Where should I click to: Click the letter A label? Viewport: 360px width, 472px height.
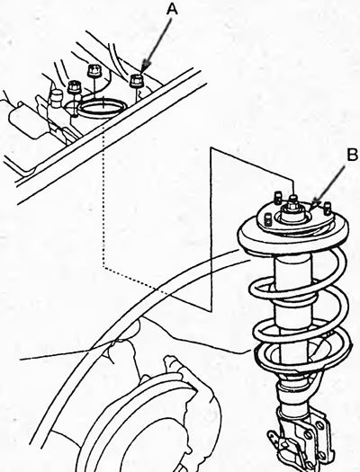tap(172, 10)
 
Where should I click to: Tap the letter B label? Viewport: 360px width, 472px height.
tap(352, 156)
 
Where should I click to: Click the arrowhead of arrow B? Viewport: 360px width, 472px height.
tap(314, 206)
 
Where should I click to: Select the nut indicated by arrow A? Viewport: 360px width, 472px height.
tap(136, 81)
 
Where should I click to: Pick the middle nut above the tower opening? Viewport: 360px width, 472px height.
tap(94, 71)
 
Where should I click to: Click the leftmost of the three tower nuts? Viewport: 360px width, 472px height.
tap(74, 87)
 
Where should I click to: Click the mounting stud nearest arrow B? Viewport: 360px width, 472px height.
tap(328, 209)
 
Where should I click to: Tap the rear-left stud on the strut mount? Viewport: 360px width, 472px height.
tap(277, 197)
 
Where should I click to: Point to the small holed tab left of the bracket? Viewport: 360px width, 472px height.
tap(273, 436)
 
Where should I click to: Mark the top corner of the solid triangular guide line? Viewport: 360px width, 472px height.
tap(211, 147)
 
